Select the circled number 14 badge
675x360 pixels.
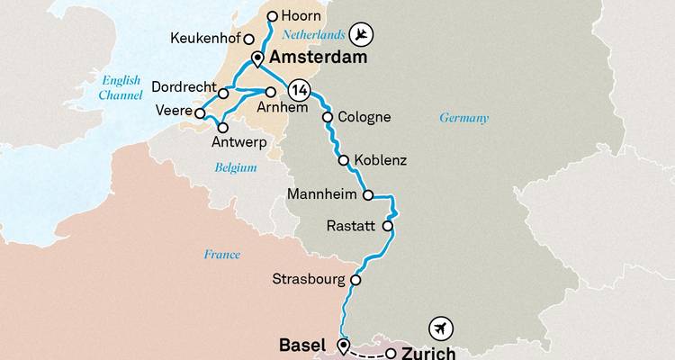point(299,91)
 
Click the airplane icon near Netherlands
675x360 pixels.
point(360,35)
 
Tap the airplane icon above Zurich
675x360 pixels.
point(440,327)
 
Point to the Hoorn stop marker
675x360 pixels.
point(271,15)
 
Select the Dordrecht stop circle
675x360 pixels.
point(223,93)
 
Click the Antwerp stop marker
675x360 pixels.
point(222,128)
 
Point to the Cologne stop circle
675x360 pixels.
point(328,117)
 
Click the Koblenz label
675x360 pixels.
point(381,161)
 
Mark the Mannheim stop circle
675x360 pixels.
point(367,194)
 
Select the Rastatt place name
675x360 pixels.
point(352,227)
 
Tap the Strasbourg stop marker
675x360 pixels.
point(355,280)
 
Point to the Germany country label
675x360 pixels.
point(463,118)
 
